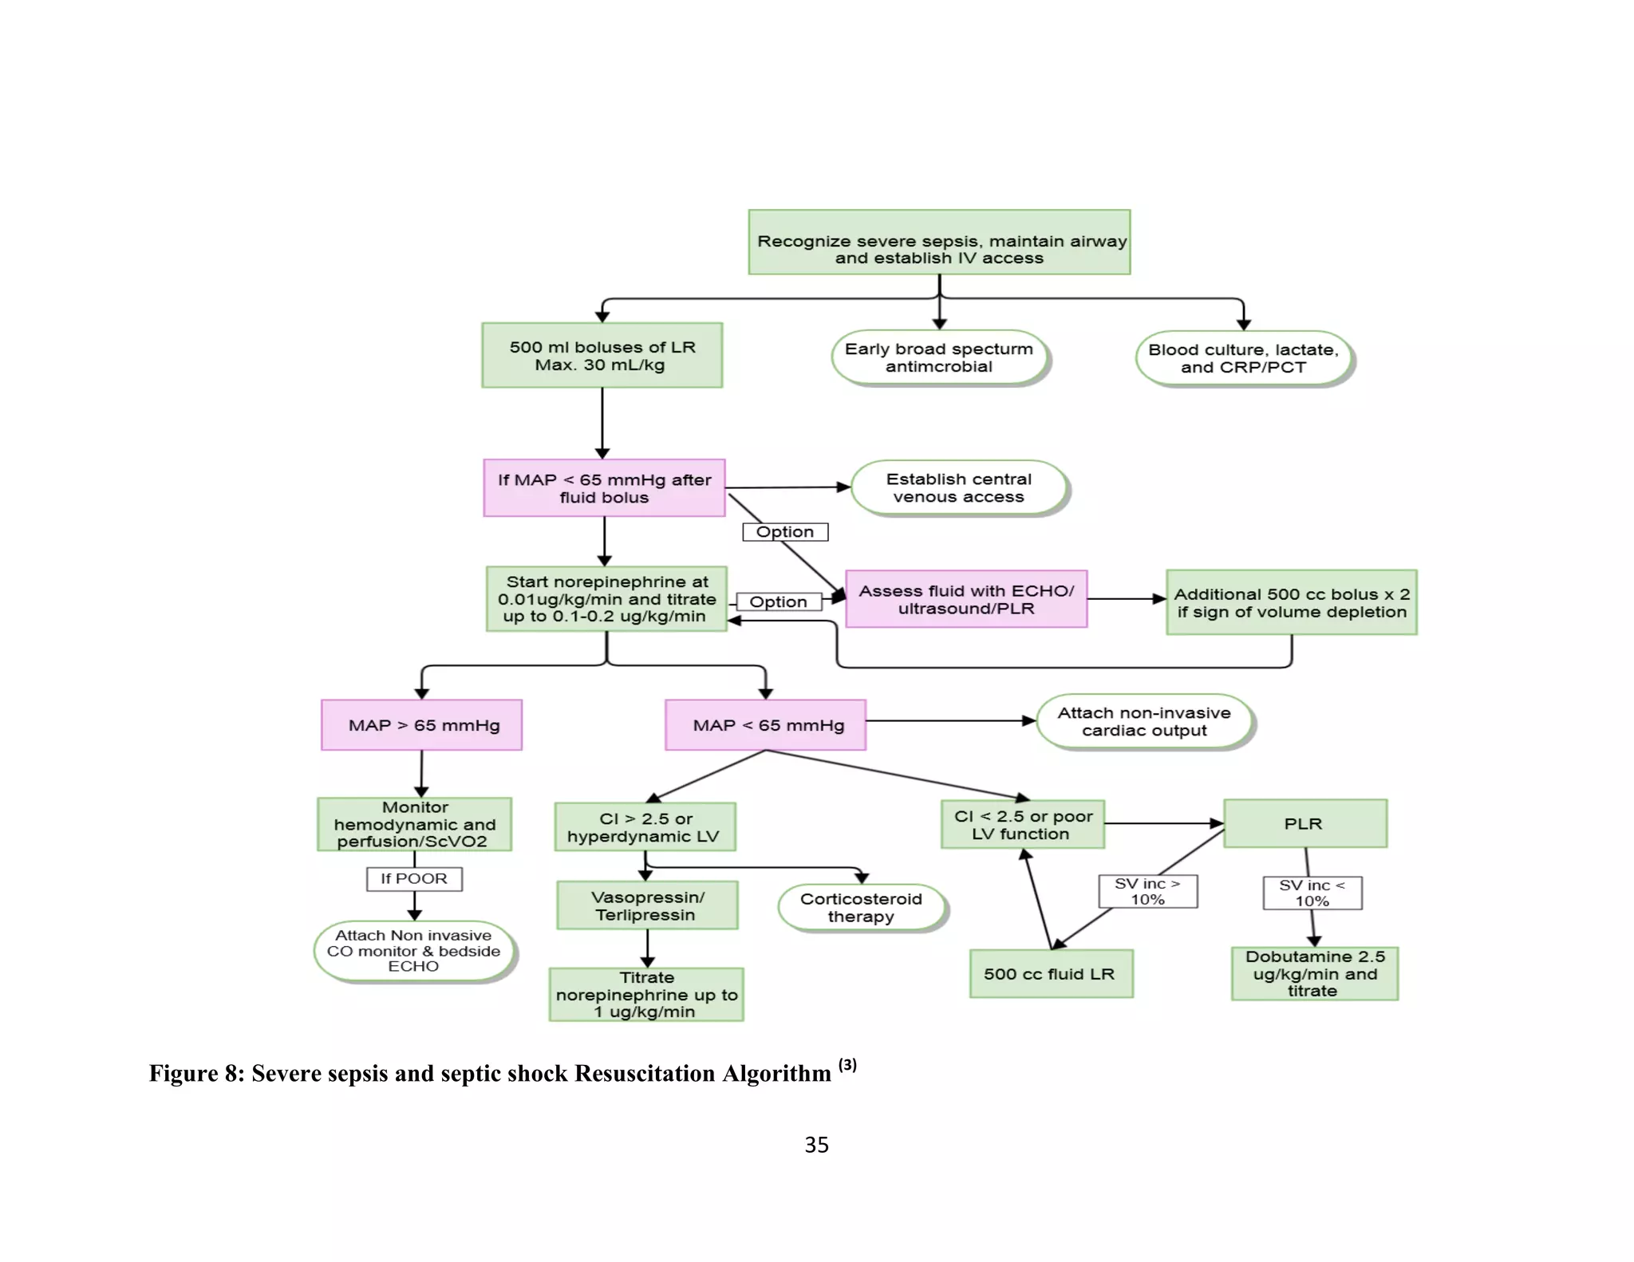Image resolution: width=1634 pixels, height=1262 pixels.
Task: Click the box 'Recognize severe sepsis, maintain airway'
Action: [939, 243]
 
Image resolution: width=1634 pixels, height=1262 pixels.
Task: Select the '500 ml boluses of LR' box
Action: [602, 356]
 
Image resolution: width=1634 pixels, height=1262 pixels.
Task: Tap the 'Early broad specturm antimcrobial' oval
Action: [938, 358]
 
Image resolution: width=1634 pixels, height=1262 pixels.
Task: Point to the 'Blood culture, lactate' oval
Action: [1243, 359]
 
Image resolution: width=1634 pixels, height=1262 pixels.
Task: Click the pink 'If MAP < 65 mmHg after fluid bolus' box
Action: [604, 488]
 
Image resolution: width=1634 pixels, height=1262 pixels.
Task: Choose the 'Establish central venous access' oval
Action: [958, 488]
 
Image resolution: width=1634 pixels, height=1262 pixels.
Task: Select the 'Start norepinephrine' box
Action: [606, 599]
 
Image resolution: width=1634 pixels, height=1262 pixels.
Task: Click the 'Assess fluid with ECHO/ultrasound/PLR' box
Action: [965, 599]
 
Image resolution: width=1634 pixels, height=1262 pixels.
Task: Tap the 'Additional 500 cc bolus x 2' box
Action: [1291, 602]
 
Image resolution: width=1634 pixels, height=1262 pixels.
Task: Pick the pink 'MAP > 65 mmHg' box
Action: [422, 725]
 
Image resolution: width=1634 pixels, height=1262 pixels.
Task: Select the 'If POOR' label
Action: [414, 878]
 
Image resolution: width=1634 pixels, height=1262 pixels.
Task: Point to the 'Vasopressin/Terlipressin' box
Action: [647, 905]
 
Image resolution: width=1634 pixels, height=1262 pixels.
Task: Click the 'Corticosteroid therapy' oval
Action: [861, 908]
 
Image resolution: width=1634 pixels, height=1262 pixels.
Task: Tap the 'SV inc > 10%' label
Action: [1147, 892]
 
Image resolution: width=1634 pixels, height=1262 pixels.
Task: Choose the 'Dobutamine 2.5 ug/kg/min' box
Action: [1314, 973]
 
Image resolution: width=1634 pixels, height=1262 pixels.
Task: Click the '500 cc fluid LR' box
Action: [1051, 974]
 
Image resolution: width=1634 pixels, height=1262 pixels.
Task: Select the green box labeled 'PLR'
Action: [1304, 823]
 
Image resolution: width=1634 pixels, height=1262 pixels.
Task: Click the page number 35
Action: [816, 1146]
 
